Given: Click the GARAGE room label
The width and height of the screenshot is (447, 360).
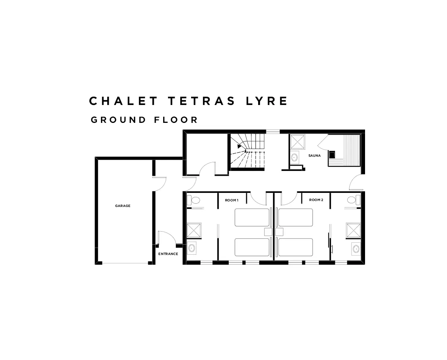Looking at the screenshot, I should [123, 206].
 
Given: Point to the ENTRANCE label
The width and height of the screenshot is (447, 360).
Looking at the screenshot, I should [168, 254].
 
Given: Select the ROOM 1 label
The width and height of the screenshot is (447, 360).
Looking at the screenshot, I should [231, 200].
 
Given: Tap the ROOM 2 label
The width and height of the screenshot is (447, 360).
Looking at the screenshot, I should [316, 200].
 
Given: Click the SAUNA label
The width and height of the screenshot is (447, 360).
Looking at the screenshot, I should [314, 156].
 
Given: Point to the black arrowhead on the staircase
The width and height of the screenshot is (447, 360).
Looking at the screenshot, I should [239, 146].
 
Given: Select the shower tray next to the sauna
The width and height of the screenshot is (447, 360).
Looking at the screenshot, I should [297, 141].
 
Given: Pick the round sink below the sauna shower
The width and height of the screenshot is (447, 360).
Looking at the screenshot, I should [294, 157].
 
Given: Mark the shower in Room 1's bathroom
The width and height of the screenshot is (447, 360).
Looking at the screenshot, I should [194, 230].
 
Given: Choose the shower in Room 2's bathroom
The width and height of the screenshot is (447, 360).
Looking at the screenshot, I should [353, 230].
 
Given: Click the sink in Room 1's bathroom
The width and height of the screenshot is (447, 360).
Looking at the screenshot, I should [192, 248].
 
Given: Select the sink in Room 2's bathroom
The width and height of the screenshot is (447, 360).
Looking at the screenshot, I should [355, 248].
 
